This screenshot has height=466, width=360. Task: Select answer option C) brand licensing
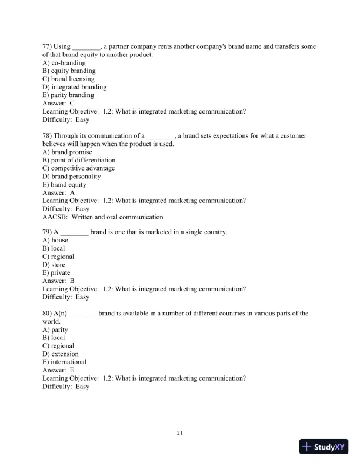(x=68, y=79)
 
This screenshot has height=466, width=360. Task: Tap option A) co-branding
(x=64, y=63)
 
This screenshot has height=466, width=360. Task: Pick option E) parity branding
(x=68, y=95)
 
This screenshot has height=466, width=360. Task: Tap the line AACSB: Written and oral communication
(x=103, y=217)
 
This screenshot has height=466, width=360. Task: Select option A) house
(x=55, y=241)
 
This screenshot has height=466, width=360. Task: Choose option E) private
(x=56, y=273)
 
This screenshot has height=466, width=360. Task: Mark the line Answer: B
(x=58, y=281)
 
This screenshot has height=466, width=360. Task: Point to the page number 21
(x=180, y=434)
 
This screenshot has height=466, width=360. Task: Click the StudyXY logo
(x=323, y=447)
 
